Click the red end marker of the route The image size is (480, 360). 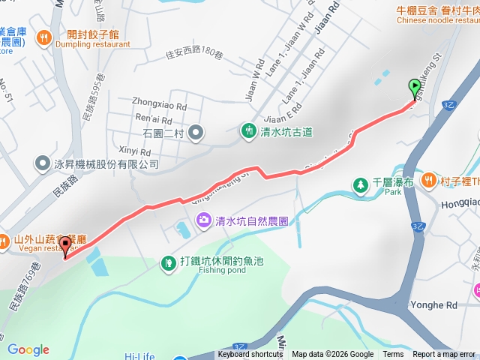pos(65,244)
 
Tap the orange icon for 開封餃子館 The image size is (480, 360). pos(45,36)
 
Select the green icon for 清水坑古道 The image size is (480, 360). pos(249,130)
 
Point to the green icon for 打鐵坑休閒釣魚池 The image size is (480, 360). pos(168,262)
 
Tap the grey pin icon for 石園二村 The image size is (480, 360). pos(196,133)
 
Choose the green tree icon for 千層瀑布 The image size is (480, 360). pos(361,184)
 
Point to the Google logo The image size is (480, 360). pos(28,349)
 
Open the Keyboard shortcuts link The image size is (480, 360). pos(250,355)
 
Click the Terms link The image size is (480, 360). pos(393,355)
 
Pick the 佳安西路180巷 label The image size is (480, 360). pos(196,53)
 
